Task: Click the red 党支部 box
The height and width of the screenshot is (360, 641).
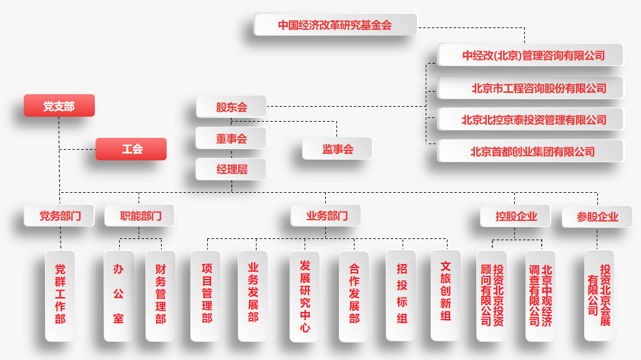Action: pyautogui.click(x=59, y=106)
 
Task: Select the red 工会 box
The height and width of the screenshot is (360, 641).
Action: pyautogui.click(x=132, y=149)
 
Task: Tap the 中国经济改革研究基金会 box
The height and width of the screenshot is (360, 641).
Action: pyautogui.click(x=335, y=25)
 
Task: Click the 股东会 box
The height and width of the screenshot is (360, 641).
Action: pyautogui.click(x=232, y=107)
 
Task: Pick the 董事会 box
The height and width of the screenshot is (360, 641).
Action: pyautogui.click(x=232, y=139)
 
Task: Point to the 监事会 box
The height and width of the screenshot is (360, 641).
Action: pyautogui.click(x=338, y=148)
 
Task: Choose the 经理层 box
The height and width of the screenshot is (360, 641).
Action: pyautogui.click(x=232, y=169)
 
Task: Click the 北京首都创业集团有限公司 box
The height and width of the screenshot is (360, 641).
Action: pyautogui.click(x=531, y=151)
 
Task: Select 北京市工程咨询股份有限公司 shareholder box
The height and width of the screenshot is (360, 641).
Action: pyautogui.click(x=531, y=88)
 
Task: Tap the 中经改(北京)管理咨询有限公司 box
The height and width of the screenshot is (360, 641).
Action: pyautogui.click(x=531, y=55)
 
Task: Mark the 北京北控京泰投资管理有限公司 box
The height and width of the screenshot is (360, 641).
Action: pyautogui.click(x=531, y=119)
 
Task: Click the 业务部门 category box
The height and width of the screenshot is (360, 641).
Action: pyautogui.click(x=326, y=216)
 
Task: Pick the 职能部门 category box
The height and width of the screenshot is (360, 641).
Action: pyautogui.click(x=140, y=216)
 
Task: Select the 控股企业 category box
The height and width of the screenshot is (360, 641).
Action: pyautogui.click(x=516, y=216)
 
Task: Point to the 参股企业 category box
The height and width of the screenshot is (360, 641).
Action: pyautogui.click(x=597, y=216)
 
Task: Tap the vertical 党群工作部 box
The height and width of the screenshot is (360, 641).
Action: pyautogui.click(x=60, y=295)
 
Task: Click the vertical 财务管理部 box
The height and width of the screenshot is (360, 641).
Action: pyautogui.click(x=160, y=295)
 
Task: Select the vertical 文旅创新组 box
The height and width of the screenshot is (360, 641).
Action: pyautogui.click(x=446, y=295)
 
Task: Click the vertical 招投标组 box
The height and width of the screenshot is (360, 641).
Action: pyautogui.click(x=401, y=295)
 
